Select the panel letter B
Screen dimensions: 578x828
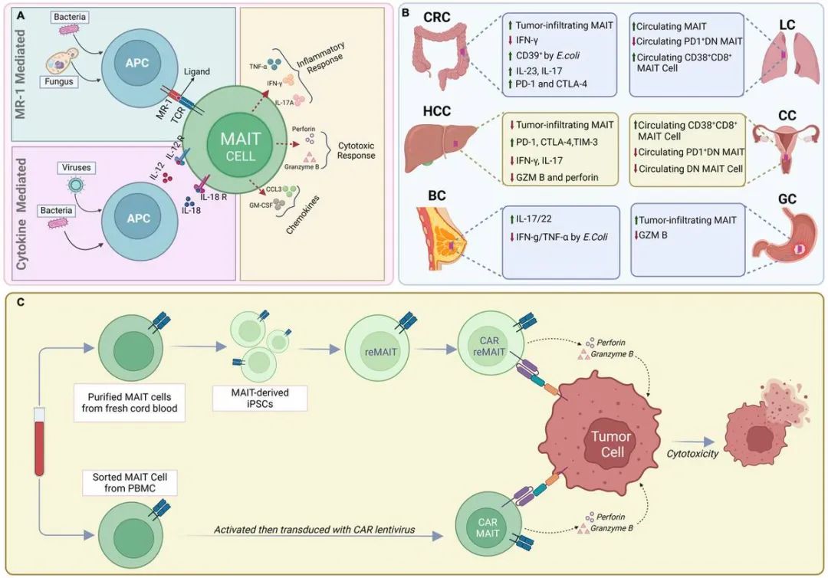click(x=406, y=13)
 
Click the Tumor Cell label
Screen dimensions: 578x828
click(x=610, y=443)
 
